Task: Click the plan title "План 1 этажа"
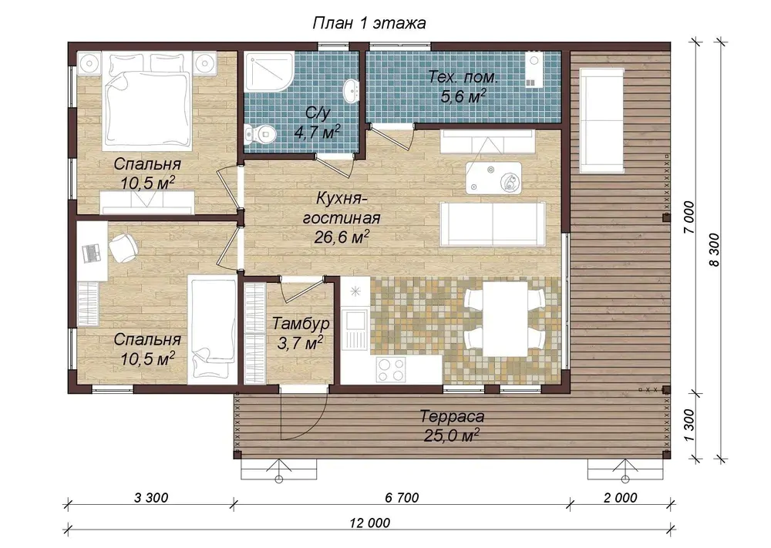coord(369,23)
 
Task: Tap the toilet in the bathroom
coord(260,133)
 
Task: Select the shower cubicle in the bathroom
coord(269,71)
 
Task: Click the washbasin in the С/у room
coord(350,90)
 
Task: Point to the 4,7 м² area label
coord(317,132)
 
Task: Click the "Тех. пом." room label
coord(463,77)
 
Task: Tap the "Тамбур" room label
coord(301,324)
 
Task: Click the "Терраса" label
coord(452,416)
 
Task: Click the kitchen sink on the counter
coord(355,326)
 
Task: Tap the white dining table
coord(505,318)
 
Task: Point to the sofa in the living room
coord(492,224)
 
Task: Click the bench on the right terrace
coord(602,120)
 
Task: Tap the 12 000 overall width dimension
coord(370,522)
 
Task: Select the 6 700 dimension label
coord(402,497)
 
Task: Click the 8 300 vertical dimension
coord(715,250)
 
